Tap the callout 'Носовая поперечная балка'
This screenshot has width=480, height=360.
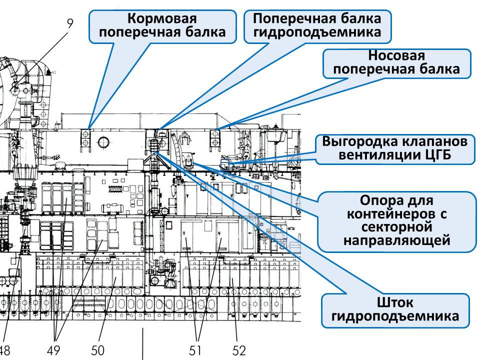coord(396,63)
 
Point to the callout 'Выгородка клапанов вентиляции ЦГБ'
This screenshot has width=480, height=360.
coord(395,148)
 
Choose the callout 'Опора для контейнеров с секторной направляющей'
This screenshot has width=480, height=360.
coord(396,221)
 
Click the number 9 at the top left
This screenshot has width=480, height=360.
coord(69,22)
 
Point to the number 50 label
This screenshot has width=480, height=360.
coord(98,350)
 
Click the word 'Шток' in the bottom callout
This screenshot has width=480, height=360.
coord(395,302)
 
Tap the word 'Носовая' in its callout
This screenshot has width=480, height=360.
coord(396,55)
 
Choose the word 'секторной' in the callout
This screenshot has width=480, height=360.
coord(396,227)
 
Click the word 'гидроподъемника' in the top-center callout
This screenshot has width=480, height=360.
coord(317,32)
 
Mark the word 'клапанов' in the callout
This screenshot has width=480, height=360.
coord(430,141)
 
